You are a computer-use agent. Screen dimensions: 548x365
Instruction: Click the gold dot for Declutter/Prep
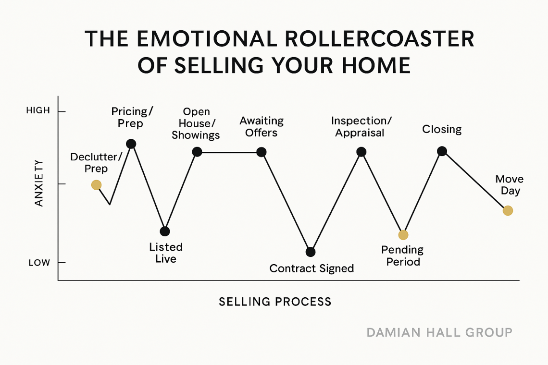tap(97, 185)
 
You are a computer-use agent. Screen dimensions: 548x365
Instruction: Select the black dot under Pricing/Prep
tap(131, 144)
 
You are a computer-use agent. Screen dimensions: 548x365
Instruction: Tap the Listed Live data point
tap(164, 231)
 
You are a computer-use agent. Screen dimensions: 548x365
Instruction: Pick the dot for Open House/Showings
tap(197, 152)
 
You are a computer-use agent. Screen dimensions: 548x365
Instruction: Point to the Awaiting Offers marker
tap(262, 152)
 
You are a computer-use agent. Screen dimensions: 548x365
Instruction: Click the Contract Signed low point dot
tap(311, 252)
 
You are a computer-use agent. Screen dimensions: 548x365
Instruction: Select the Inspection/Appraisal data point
tap(361, 152)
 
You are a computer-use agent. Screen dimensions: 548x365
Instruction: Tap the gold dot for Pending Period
tap(403, 235)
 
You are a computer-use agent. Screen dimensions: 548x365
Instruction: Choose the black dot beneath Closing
tap(442, 151)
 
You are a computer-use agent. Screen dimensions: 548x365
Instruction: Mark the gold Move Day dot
tap(508, 211)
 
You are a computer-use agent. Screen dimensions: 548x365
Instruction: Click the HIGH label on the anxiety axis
tap(38, 111)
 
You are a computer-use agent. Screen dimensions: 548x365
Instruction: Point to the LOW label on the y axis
tap(39, 263)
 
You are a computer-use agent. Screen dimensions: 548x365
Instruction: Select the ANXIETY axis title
tap(39, 183)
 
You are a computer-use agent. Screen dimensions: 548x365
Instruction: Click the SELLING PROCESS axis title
tap(275, 302)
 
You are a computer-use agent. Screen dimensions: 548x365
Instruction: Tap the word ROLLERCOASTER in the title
tap(380, 38)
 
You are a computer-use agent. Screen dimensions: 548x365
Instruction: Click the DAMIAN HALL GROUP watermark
tap(440, 332)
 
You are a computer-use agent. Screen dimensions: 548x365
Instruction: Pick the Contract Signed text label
tap(312, 268)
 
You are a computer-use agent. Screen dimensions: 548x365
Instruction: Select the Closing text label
tap(442, 129)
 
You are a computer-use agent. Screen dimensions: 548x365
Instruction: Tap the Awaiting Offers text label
tap(262, 127)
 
